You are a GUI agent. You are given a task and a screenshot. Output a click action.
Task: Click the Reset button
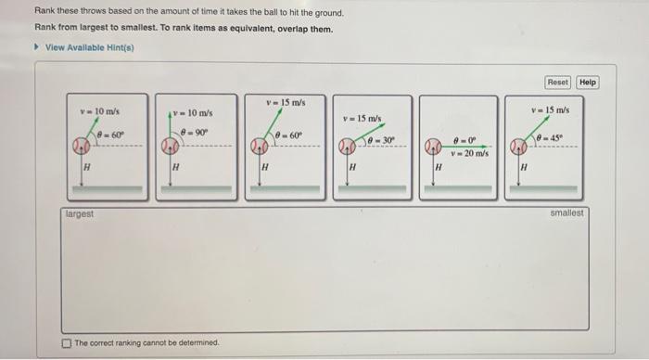557,82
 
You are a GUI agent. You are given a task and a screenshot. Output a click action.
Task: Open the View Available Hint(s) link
89,47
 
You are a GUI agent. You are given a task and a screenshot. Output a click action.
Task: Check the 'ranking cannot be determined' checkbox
66,343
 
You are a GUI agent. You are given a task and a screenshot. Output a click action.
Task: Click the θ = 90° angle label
195,133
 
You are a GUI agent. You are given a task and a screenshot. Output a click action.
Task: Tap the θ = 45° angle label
549,137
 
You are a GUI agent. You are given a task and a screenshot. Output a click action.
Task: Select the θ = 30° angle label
381,140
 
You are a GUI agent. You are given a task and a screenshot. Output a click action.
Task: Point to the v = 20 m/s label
469,153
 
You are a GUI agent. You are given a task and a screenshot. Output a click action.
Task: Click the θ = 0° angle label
465,141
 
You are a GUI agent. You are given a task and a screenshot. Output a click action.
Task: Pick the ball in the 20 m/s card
433,147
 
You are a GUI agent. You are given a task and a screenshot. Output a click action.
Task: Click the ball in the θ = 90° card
170,146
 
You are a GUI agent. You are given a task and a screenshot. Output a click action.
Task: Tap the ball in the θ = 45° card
518,147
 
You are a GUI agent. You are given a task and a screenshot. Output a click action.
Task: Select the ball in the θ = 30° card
347,147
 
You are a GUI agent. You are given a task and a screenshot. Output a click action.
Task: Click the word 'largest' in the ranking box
80,214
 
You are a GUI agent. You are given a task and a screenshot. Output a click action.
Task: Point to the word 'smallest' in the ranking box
566,212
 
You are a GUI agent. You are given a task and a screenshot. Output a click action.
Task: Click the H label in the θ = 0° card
439,167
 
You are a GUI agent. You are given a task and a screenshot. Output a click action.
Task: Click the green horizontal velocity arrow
464,147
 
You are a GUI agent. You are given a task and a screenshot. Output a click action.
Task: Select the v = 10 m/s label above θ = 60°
100,111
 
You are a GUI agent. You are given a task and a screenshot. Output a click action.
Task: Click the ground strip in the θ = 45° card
543,189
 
